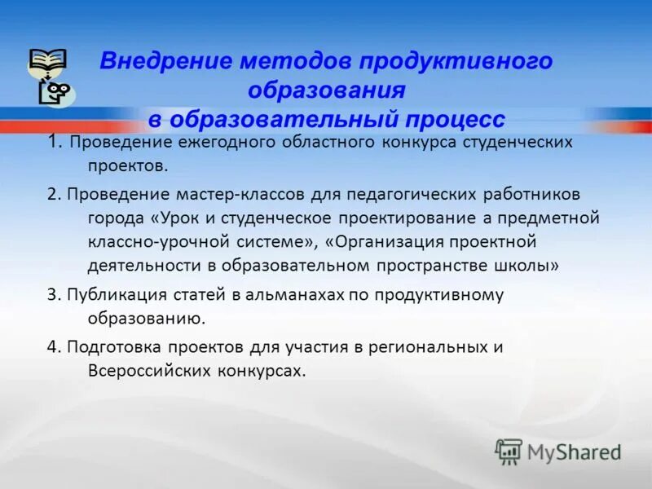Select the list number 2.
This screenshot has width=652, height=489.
51,195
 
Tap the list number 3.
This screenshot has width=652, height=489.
51,294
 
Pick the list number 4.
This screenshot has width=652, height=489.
52,346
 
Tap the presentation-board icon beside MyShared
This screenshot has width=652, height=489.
509,452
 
